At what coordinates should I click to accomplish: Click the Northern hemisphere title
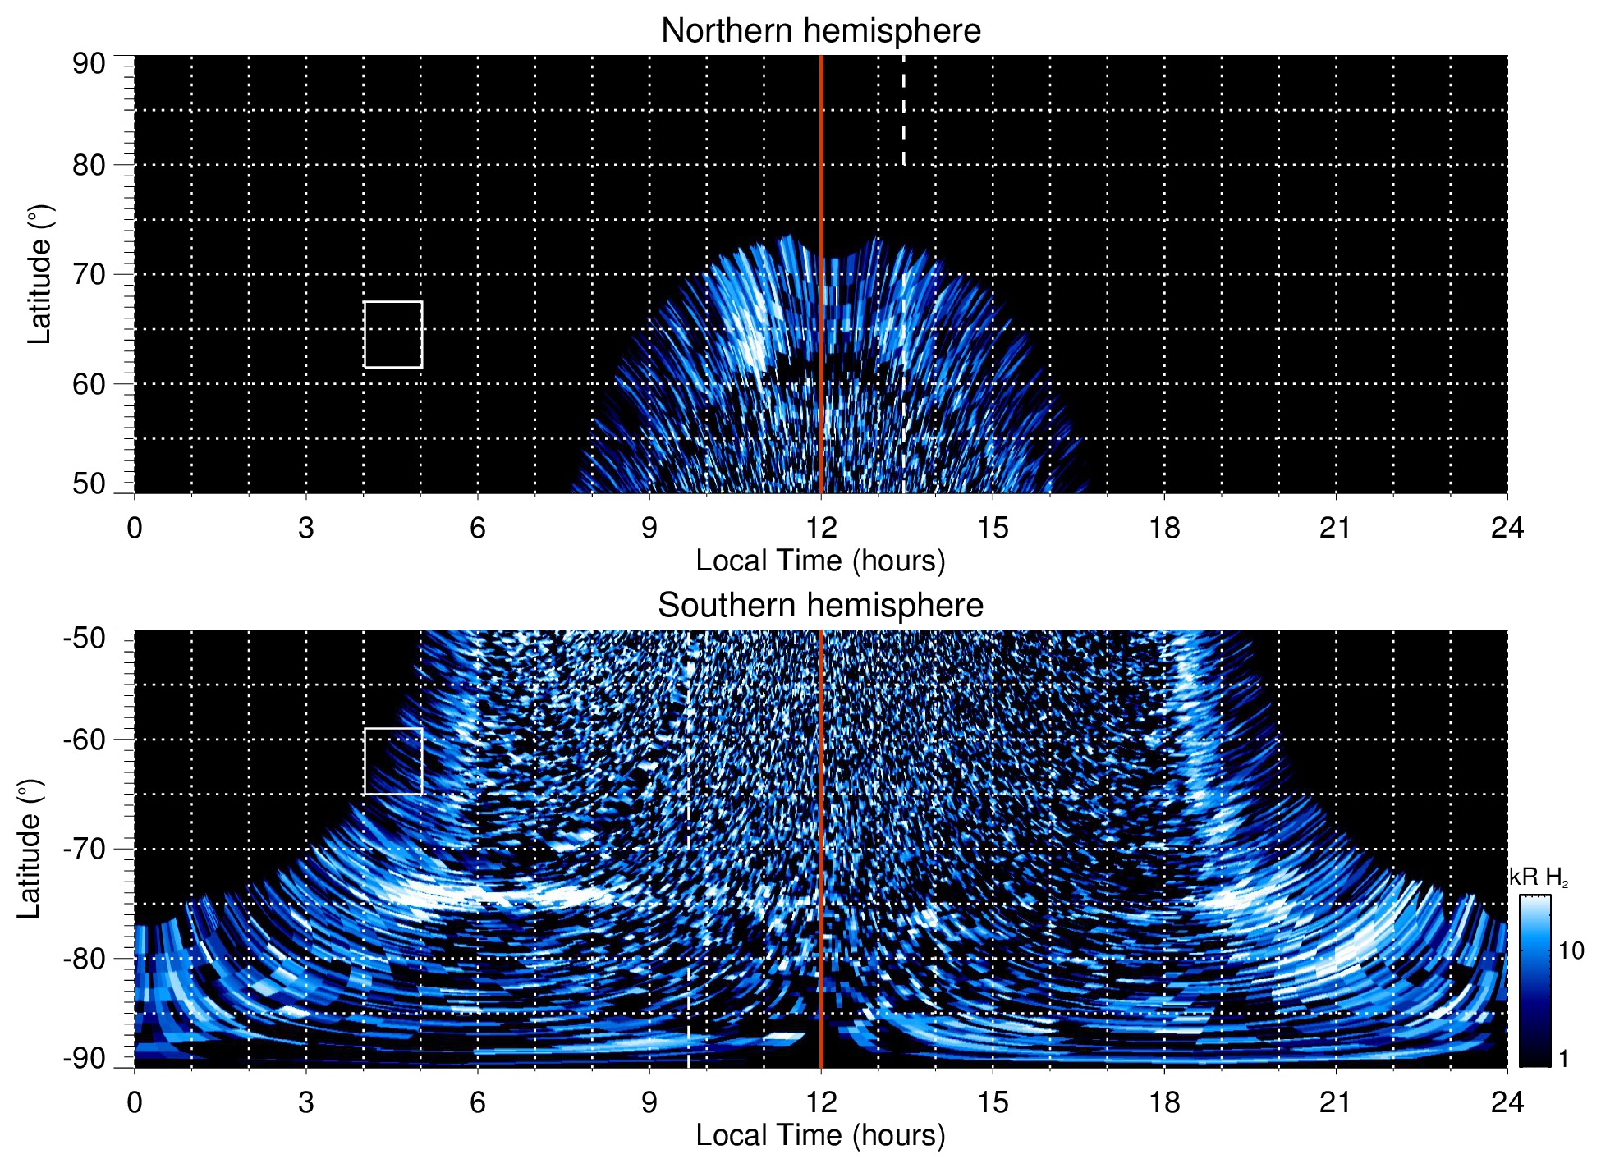point(820,31)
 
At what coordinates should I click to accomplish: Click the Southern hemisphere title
point(820,606)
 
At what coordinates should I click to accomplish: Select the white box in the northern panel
point(393,334)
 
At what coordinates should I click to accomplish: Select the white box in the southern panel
point(393,761)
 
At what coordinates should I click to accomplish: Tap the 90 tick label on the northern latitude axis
point(89,64)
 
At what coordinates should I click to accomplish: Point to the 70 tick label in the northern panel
point(89,274)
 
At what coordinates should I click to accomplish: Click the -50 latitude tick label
point(85,638)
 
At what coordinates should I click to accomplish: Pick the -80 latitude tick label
point(85,959)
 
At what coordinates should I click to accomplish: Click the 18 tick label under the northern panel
point(1164,528)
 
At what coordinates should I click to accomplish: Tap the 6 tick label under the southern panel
point(478,1102)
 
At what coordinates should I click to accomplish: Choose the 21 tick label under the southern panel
point(1336,1102)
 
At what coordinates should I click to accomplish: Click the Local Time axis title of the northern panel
point(820,561)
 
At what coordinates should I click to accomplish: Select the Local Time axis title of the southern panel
point(820,1135)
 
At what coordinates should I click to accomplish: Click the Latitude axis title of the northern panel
point(39,274)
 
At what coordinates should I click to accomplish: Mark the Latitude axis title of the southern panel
point(30,849)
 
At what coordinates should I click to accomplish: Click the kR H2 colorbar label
point(1539,877)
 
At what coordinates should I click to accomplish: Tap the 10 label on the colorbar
point(1571,951)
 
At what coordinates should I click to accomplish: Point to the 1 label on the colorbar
point(1563,1059)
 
